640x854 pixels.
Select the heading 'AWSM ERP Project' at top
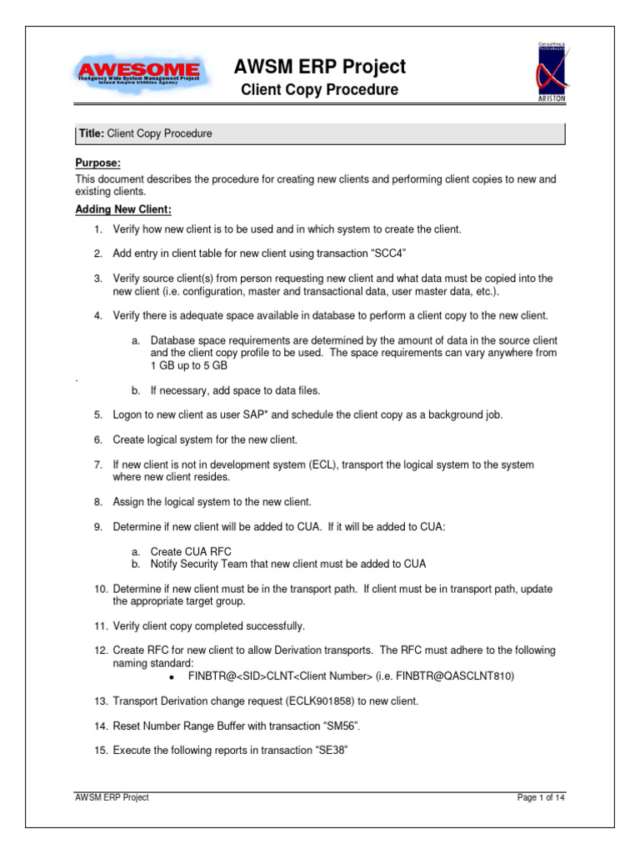(320, 66)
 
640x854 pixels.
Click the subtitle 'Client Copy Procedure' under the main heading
(320, 89)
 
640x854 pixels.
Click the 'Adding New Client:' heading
(123, 208)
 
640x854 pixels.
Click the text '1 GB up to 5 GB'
(189, 366)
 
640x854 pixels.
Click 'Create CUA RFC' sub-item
(191, 551)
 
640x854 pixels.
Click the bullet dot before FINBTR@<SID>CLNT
(170, 677)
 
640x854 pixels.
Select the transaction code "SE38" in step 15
(327, 750)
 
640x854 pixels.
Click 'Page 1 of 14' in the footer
(541, 798)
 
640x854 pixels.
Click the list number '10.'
(98, 589)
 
